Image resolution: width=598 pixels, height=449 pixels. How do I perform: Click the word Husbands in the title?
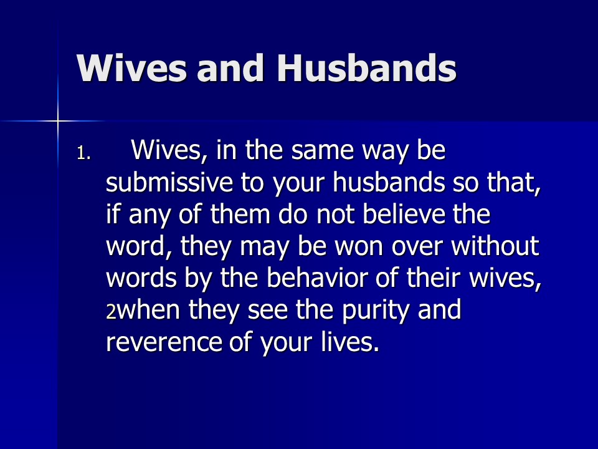coord(366,68)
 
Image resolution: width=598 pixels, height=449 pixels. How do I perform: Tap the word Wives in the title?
coord(131,69)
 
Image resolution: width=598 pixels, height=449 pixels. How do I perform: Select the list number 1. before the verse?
coord(84,153)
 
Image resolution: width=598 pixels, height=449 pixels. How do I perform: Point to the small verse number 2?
coord(111,312)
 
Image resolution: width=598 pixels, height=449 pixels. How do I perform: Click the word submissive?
coord(169,182)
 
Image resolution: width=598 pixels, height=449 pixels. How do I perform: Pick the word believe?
coord(404,214)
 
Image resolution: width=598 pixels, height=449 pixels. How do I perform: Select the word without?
coord(495,246)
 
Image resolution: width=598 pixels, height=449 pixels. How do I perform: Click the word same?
coord(323,151)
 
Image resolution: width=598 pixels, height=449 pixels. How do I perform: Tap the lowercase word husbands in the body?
coord(389,182)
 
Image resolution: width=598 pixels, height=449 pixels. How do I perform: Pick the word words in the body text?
coord(141,278)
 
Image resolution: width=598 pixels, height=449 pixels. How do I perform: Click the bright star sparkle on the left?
coord(58,122)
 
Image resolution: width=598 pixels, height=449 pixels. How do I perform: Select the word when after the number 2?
coord(148,310)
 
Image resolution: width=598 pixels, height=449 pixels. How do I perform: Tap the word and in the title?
coord(230,68)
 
